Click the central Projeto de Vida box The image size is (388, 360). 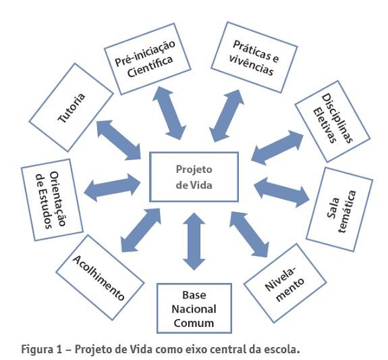tap(194, 177)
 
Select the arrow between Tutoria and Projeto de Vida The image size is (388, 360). tap(119, 140)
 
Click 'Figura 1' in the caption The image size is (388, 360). tap(32, 349)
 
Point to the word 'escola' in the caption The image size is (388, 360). tap(282, 349)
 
